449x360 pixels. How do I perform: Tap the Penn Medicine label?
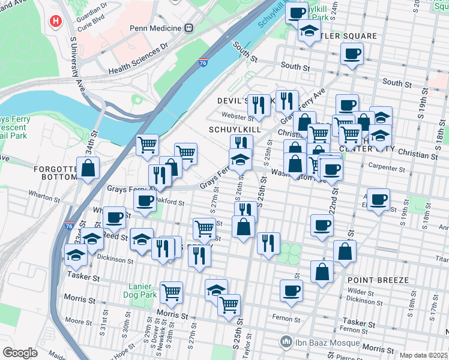[x=155, y=28]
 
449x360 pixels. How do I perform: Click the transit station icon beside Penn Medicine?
[x=189, y=28]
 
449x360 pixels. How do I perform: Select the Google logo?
[x=20, y=352]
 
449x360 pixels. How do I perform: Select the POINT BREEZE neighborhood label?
[x=378, y=280]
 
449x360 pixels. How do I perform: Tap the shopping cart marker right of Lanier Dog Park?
[x=172, y=292]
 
